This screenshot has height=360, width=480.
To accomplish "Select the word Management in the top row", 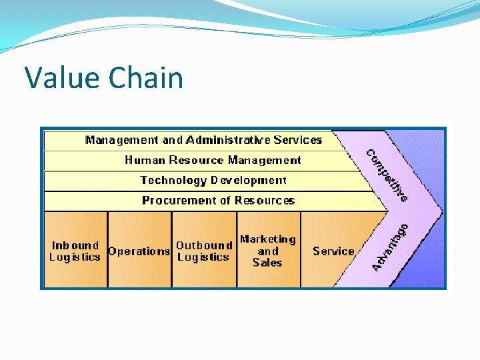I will click(122, 140).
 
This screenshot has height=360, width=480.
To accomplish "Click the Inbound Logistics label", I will click(75, 251).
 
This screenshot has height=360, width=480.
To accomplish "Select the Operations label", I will click(139, 251).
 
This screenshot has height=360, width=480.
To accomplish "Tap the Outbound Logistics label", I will click(203, 251).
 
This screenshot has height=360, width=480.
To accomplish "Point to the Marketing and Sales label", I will click(267, 251).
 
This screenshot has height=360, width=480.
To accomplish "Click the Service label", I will click(333, 251).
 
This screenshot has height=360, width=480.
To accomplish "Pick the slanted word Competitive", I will click(387, 175).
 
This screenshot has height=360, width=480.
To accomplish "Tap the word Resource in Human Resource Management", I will click(197, 160).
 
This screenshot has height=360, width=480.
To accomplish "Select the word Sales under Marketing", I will click(267, 263).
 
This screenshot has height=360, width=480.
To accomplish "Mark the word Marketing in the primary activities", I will click(267, 239).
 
